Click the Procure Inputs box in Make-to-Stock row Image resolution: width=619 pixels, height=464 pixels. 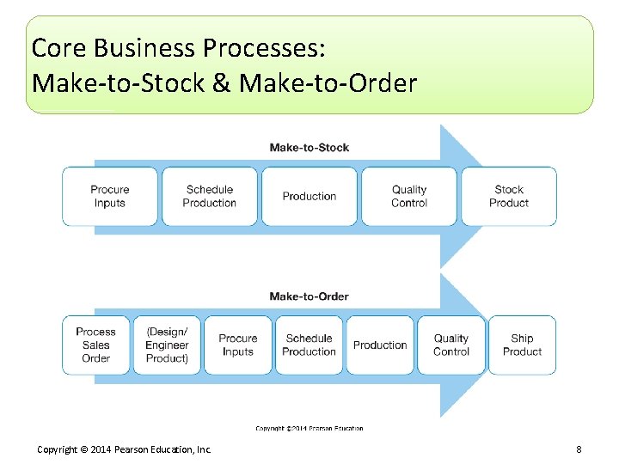(x=109, y=196)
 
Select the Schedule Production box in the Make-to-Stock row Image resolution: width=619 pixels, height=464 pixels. (x=209, y=196)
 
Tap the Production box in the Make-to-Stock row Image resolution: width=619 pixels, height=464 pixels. (x=309, y=196)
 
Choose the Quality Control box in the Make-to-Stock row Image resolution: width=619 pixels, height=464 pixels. (x=409, y=196)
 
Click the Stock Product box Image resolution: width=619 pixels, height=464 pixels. (x=509, y=196)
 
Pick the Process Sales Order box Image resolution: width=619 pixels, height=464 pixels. (x=95, y=345)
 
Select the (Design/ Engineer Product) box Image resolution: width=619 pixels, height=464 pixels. (x=167, y=345)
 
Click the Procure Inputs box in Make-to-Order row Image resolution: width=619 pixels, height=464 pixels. (x=238, y=345)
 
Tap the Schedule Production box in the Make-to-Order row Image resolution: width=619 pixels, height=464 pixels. (x=309, y=345)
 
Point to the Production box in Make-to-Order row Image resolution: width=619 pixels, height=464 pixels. (x=380, y=345)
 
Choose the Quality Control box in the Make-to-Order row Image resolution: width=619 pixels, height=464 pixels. (x=451, y=345)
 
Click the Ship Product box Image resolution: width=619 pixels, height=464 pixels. (x=522, y=345)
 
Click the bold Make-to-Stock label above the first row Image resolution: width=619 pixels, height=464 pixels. (x=309, y=148)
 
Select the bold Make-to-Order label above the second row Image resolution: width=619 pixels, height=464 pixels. (x=309, y=296)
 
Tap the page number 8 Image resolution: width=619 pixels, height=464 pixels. (x=579, y=449)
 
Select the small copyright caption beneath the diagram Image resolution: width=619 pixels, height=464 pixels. (x=309, y=428)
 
